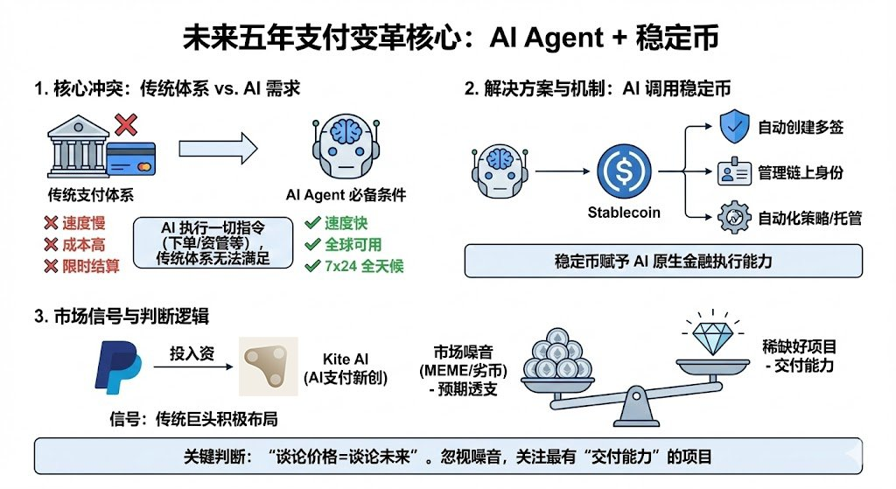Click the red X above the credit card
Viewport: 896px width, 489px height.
(x=126, y=125)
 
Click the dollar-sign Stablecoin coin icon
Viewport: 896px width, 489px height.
(x=623, y=173)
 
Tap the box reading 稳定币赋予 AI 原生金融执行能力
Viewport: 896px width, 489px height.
(x=663, y=261)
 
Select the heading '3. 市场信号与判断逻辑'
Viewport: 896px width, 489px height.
(x=122, y=316)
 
